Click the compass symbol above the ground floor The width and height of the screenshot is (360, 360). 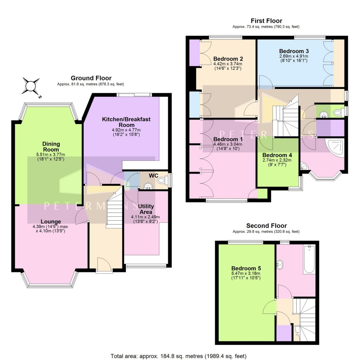[x=31, y=86]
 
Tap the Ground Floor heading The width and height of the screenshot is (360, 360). [x=91, y=78]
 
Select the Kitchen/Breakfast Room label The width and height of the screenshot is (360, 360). [x=126, y=122]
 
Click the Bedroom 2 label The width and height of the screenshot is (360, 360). [x=228, y=59]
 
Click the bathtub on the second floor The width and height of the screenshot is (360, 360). [x=309, y=260]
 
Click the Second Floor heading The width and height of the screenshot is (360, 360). [x=266, y=226]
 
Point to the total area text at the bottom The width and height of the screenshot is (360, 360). [x=179, y=355]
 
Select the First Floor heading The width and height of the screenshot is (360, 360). [x=266, y=21]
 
